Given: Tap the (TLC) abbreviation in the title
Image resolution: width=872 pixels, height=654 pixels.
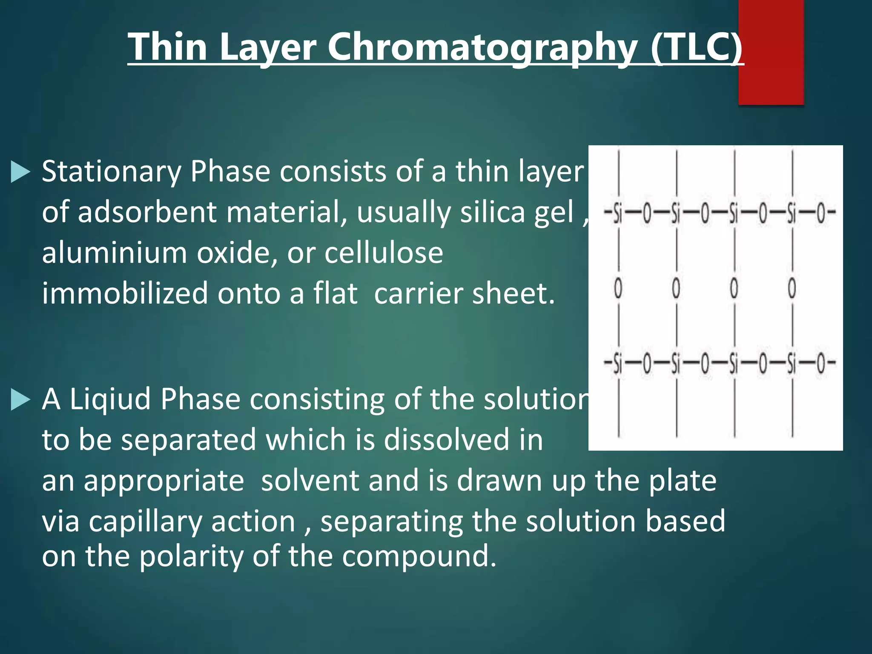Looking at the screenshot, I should (x=697, y=48).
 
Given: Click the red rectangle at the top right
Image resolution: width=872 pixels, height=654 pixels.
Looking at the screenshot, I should (x=771, y=51).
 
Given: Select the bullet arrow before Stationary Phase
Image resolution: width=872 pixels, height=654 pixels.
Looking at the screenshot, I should (x=20, y=172).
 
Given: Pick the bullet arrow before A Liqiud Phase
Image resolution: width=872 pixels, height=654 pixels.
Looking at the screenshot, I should (x=20, y=400).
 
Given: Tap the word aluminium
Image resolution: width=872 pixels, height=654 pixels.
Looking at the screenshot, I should (x=115, y=252).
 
